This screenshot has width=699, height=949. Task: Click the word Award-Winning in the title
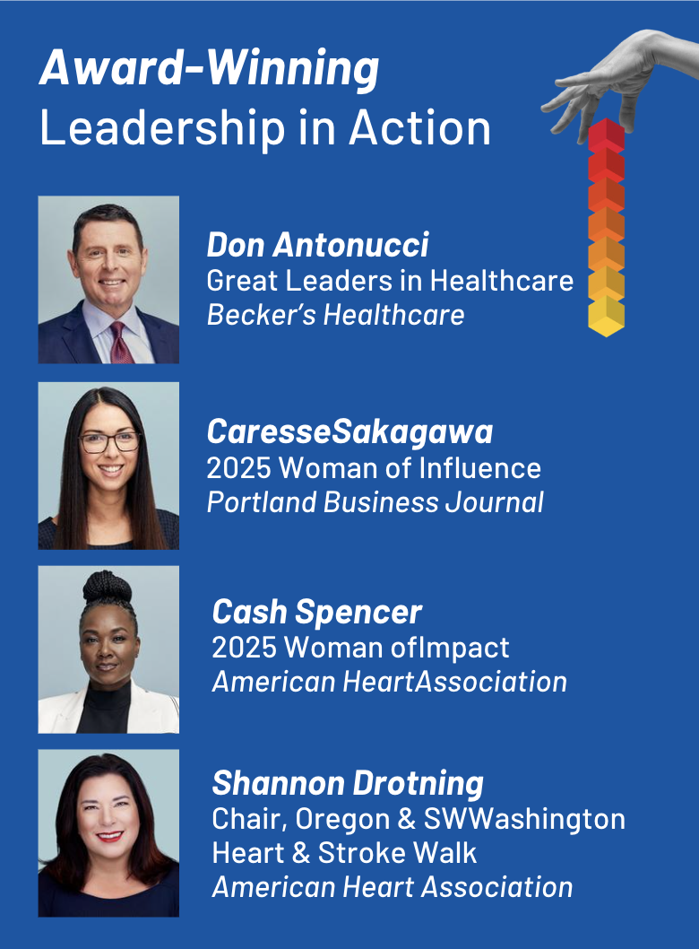tap(209, 70)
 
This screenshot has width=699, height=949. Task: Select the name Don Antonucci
tap(317, 244)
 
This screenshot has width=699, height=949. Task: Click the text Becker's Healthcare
tap(335, 315)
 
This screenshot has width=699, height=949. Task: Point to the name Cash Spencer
tap(316, 612)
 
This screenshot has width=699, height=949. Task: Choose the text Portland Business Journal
tap(375, 501)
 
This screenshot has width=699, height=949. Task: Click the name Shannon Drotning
tap(348, 783)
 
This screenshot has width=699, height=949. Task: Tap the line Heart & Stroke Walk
tap(344, 852)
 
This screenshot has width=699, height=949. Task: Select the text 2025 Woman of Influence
tap(374, 467)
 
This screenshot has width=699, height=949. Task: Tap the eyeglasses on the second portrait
tap(109, 442)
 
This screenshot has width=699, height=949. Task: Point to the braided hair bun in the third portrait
tap(108, 588)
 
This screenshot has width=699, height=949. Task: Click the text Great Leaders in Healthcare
tap(390, 281)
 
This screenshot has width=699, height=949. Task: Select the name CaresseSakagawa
tap(349, 432)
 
